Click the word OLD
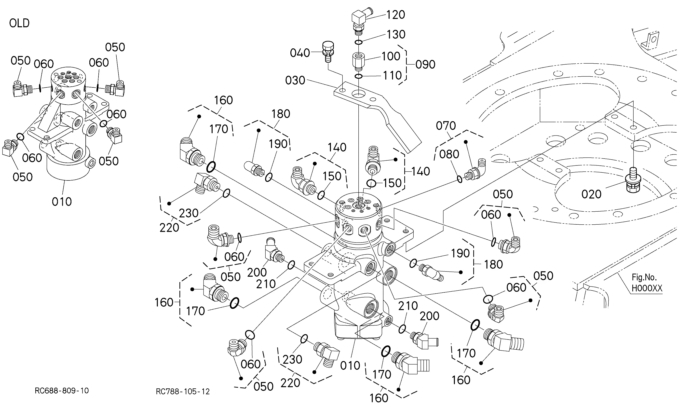click(x=19, y=23)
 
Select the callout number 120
click(x=396, y=15)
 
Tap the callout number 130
click(x=396, y=35)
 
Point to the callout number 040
click(x=300, y=53)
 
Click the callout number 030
click(x=295, y=80)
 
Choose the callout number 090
click(x=425, y=65)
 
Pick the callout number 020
click(x=591, y=194)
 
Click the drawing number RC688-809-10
click(x=62, y=391)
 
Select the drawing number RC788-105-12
click(x=183, y=392)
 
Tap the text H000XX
click(x=647, y=288)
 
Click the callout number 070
click(x=446, y=126)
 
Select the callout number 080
click(x=449, y=154)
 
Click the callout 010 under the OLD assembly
click(x=62, y=202)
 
